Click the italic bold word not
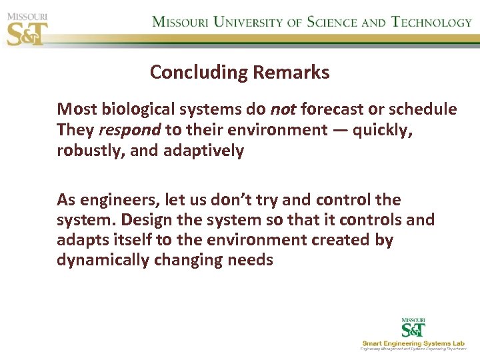click(x=283, y=109)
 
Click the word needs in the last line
click(x=250, y=260)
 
